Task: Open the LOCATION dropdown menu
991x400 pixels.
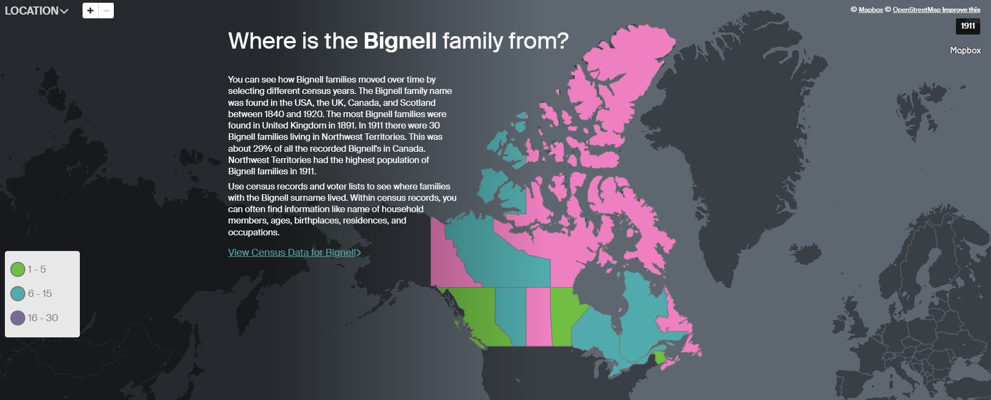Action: (36, 11)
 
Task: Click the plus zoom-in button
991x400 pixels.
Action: (90, 10)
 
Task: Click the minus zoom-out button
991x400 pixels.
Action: (106, 10)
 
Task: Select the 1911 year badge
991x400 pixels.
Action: (968, 26)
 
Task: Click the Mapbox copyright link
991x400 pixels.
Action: (871, 10)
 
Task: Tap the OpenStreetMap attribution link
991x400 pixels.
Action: (917, 10)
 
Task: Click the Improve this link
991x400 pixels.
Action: (961, 10)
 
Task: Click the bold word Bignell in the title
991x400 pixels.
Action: (400, 41)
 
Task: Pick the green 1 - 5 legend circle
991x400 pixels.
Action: (18, 269)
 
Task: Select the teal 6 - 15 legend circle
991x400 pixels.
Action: (18, 293)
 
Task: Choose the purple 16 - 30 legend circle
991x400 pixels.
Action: (18, 318)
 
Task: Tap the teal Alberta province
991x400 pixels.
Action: (510, 316)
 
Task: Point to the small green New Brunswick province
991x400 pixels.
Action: (659, 357)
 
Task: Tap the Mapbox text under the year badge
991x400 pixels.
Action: (965, 50)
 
